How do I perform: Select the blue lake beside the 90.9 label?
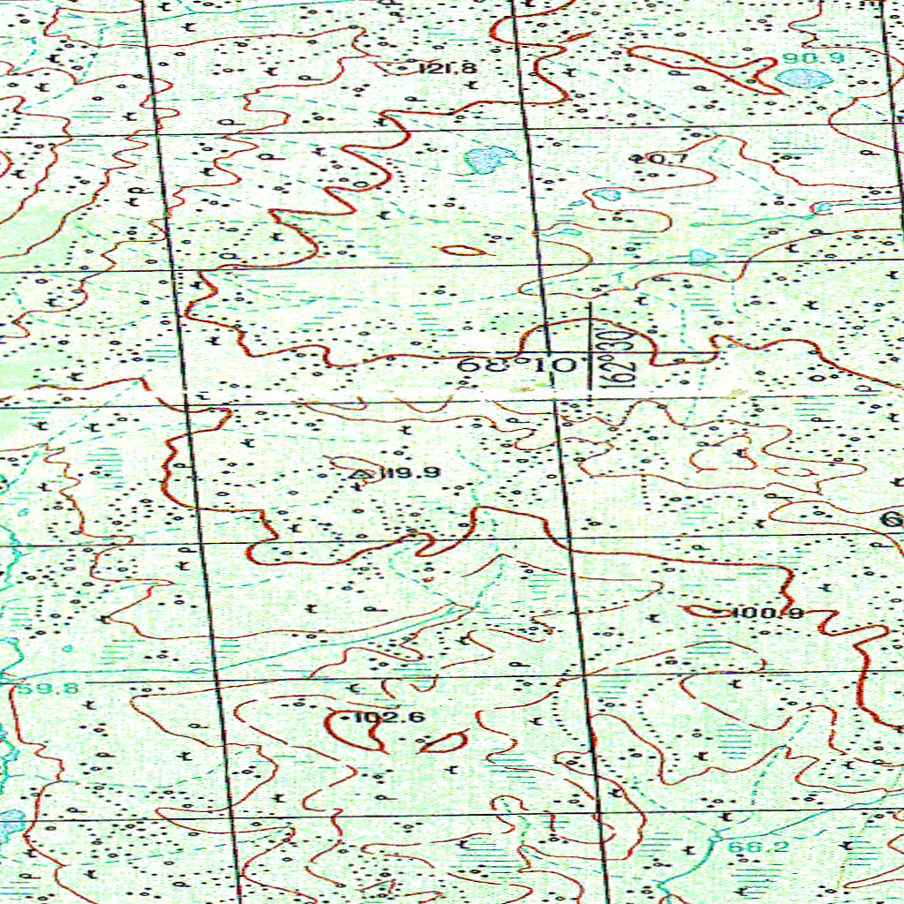(x=804, y=78)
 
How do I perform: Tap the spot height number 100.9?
(x=766, y=613)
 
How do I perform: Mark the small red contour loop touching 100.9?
(x=706, y=610)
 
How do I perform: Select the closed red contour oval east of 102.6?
(x=444, y=742)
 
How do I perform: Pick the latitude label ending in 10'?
(x=521, y=364)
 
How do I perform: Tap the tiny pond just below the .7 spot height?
(x=606, y=194)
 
